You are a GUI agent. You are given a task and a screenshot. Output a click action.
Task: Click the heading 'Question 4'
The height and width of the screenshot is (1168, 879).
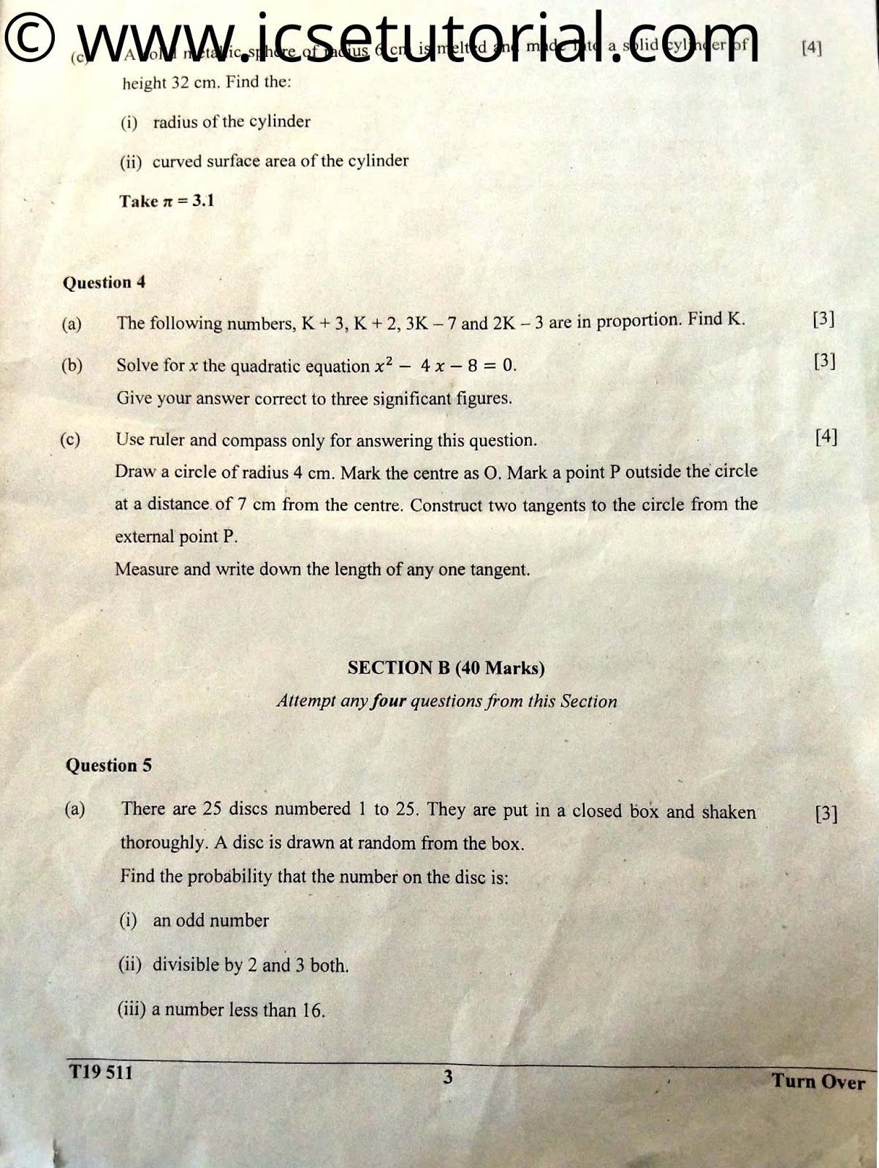pos(104,283)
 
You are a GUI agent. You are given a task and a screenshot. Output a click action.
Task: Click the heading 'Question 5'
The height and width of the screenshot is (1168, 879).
pos(108,765)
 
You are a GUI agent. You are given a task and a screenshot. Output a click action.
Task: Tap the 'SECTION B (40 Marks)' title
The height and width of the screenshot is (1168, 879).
pos(446,667)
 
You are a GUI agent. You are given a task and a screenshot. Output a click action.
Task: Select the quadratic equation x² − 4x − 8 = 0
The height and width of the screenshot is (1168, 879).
pos(445,364)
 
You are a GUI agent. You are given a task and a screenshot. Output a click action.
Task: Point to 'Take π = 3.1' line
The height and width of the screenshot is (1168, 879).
pos(167,201)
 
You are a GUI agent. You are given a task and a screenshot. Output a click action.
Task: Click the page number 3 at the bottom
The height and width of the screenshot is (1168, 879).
pos(447,1077)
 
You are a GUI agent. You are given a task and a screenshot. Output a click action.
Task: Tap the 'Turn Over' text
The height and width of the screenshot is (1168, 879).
pos(818,1081)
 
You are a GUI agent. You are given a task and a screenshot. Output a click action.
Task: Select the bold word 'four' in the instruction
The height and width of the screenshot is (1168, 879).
pos(389,702)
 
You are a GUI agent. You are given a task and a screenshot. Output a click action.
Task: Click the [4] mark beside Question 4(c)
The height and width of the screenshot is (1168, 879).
pos(826,437)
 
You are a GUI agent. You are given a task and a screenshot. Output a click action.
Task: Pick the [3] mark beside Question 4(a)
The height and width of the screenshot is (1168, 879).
pos(823,319)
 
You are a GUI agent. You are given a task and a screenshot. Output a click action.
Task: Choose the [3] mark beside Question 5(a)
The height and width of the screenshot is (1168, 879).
pos(826,813)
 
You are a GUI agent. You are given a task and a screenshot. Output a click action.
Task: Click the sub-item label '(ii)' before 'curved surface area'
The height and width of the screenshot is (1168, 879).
pos(131,161)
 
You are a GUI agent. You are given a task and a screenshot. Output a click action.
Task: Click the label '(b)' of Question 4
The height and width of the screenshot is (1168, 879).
pos(72,365)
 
